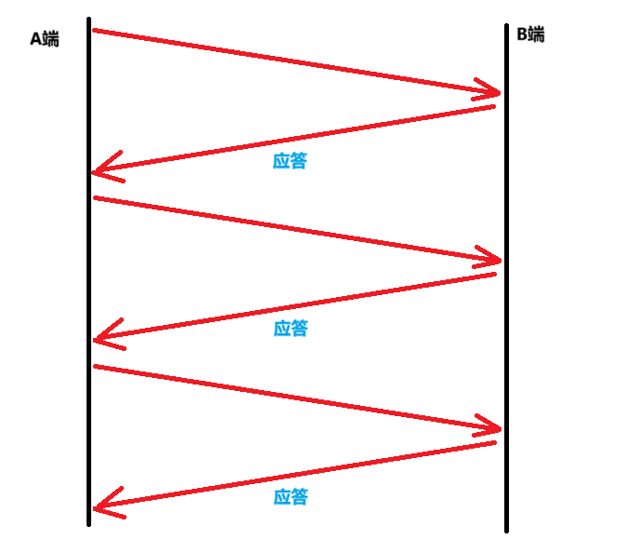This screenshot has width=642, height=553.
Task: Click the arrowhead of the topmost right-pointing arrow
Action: point(498,92)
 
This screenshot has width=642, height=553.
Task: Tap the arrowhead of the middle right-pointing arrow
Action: point(498,260)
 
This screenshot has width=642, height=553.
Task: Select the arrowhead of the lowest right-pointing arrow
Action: point(498,428)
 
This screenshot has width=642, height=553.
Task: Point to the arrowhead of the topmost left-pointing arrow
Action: point(96,172)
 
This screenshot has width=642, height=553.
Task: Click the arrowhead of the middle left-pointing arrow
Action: point(97,340)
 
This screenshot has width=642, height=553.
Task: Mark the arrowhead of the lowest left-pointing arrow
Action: point(97,508)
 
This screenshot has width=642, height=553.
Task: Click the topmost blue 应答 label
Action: point(290,160)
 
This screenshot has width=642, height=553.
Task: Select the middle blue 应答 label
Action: point(290,328)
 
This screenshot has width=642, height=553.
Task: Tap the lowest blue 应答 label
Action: point(290,496)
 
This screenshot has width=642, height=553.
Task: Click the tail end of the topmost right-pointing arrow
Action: point(94,30)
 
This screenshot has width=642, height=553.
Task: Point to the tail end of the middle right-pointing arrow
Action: point(95,197)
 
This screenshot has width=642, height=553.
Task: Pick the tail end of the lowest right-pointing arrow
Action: point(95,366)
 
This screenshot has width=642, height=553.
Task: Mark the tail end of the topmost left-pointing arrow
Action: point(494,106)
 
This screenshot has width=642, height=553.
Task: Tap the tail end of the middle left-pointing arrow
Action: point(495,274)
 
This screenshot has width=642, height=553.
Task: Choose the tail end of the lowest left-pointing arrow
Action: point(495,442)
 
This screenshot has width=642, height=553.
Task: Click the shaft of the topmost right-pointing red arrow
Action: point(296,61)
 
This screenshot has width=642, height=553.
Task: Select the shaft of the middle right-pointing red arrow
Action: point(296,229)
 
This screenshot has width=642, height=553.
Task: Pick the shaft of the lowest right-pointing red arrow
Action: point(296,398)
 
